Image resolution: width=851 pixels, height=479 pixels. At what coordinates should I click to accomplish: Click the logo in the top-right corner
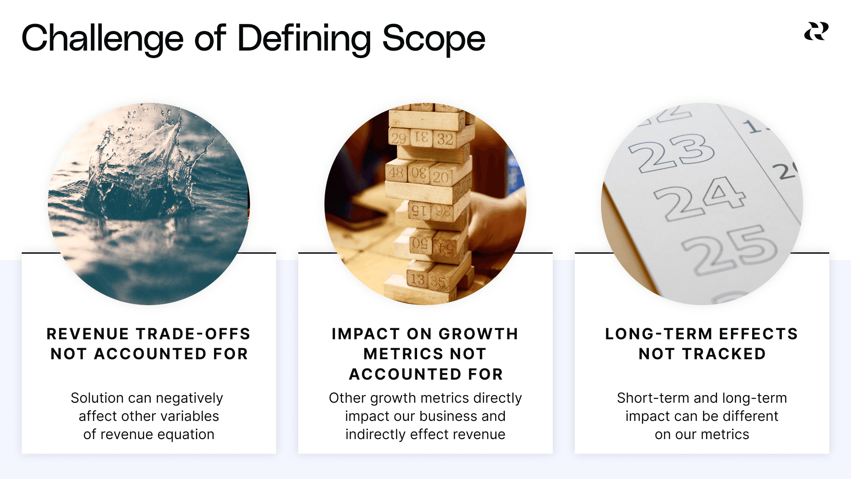point(816,31)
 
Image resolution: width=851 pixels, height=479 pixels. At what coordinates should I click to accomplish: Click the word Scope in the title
point(433,39)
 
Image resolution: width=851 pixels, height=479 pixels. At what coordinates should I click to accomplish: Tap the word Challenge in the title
point(102,39)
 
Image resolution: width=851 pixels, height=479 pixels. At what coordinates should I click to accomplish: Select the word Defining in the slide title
point(304,39)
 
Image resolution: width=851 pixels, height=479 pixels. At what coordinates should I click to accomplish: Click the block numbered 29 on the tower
point(398,138)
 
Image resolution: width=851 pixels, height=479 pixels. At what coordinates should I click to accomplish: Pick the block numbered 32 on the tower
point(445,139)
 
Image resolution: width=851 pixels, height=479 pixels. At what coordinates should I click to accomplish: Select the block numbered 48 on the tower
point(396,173)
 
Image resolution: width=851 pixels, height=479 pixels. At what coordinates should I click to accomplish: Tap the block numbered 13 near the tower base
point(418,279)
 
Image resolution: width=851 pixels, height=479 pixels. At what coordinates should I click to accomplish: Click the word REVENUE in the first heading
point(88,334)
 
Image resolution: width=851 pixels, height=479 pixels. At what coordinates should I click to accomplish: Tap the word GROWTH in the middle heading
point(479,334)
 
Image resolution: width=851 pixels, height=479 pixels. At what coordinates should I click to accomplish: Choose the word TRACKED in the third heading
point(724,354)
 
